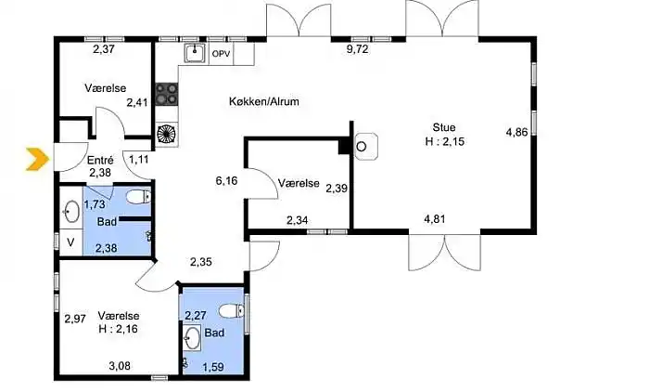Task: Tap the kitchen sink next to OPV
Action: (x=195, y=54)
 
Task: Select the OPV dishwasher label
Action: (x=221, y=54)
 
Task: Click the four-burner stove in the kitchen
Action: (x=167, y=94)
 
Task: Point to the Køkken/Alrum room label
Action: (x=264, y=101)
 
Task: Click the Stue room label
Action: (x=444, y=127)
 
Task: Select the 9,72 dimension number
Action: (x=357, y=49)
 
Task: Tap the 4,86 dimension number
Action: (x=517, y=132)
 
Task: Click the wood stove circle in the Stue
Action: (x=362, y=147)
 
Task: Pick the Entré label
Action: (x=100, y=160)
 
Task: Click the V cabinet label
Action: (x=70, y=242)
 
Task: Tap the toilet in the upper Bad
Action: (x=138, y=197)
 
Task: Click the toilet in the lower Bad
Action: (x=232, y=310)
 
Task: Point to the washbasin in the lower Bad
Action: (x=192, y=338)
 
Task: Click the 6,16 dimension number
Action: (x=227, y=180)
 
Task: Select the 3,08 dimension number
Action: (x=120, y=366)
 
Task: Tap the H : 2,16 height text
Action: (x=119, y=330)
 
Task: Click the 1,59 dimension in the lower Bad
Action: (x=213, y=367)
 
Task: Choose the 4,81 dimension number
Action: (x=434, y=218)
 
